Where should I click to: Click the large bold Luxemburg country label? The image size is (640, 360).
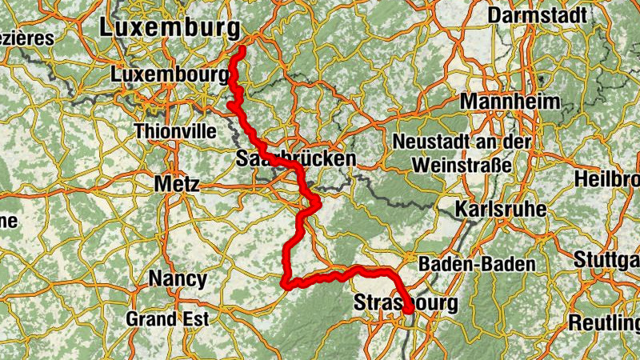tap(169, 27)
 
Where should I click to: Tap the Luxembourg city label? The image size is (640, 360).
tap(171, 74)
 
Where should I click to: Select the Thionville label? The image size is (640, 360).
tap(175, 130)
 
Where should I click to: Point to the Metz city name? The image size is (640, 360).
tap(176, 184)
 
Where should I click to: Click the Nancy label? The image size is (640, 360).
tap(178, 279)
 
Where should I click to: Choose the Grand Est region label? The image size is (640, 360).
tap(167, 318)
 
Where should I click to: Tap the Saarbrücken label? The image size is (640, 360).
tap(296, 159)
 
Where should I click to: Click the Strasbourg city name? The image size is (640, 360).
tap(406, 303)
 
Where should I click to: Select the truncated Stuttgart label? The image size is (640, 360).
tap(606, 260)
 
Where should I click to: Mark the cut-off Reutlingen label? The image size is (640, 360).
tap(604, 323)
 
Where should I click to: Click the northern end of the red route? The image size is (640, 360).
tap(242, 50)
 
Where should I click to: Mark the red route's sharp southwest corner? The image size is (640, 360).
tap(286, 282)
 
